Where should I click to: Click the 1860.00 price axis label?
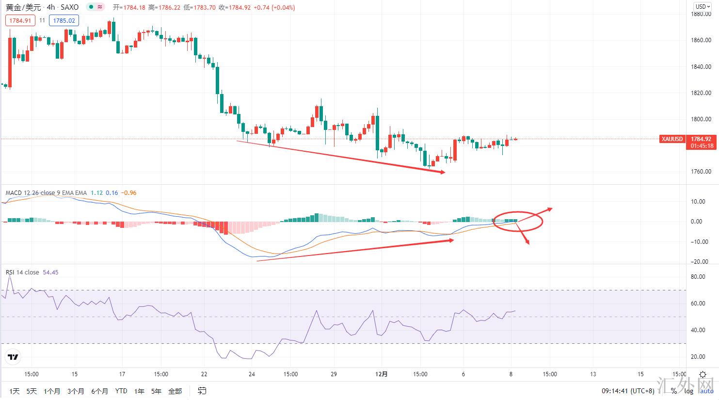702,40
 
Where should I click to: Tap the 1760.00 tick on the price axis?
702,172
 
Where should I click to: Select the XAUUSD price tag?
672,139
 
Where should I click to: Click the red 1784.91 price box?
20,20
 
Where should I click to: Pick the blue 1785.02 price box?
64,20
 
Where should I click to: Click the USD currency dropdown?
703,7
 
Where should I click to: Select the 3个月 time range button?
76,391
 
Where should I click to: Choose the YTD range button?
121,391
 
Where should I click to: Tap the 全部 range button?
175,391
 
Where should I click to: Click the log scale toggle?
688,391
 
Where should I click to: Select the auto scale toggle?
706,391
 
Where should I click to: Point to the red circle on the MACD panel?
518,221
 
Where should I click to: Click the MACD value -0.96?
129,193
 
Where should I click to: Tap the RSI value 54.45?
50,272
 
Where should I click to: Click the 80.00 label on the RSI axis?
698,277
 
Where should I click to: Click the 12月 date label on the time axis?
382,374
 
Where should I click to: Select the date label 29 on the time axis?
334,374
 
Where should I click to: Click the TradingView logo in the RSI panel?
13,358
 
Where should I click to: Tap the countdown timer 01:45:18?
701,146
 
